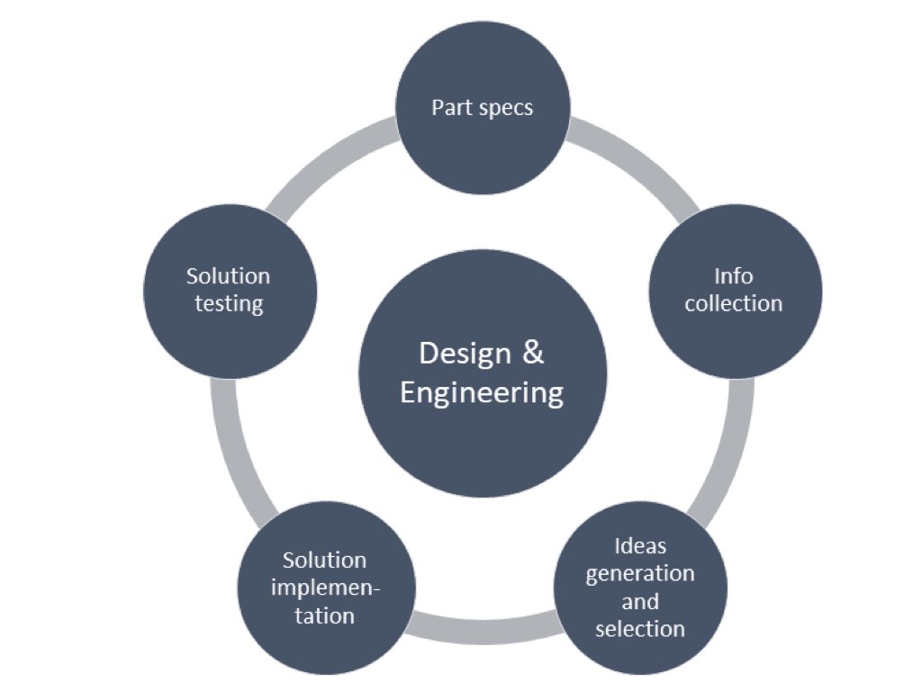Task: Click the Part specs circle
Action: tap(483, 108)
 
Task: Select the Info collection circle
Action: tap(735, 292)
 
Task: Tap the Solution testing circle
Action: tap(230, 292)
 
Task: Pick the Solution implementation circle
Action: tap(326, 588)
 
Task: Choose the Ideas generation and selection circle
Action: tap(640, 588)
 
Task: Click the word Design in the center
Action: tap(465, 354)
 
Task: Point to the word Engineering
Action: tap(482, 393)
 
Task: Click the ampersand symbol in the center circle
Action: tap(533, 353)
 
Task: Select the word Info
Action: tap(733, 276)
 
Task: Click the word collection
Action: tap(733, 304)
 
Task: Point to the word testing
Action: tap(229, 304)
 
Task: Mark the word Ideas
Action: tap(640, 546)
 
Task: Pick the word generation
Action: tap(640, 574)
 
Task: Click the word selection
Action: tap(640, 629)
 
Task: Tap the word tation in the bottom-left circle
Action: tap(324, 615)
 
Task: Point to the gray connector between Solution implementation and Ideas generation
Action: tap(484, 633)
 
